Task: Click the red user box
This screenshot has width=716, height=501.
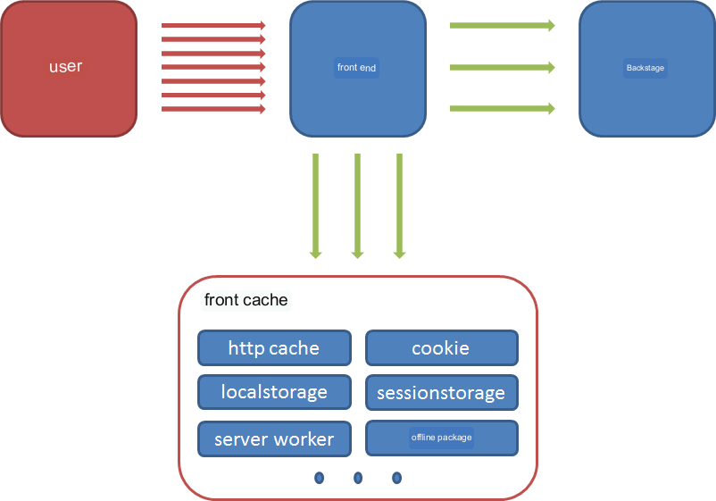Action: pyautogui.click(x=69, y=69)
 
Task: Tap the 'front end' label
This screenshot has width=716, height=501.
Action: pyautogui.click(x=356, y=68)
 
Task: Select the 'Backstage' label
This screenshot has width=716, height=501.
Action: pyautogui.click(x=645, y=68)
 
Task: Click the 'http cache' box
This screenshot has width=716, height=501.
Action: pyautogui.click(x=274, y=348)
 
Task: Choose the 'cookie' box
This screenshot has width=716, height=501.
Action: pyautogui.click(x=442, y=348)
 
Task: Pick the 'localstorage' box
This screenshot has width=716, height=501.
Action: pyautogui.click(x=274, y=392)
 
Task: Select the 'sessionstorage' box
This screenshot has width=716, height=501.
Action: pyautogui.click(x=442, y=392)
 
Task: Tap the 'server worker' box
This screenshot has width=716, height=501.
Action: pyautogui.click(x=274, y=438)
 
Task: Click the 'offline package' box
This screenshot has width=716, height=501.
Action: pyautogui.click(x=442, y=438)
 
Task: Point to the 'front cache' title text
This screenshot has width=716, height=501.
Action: pyautogui.click(x=246, y=300)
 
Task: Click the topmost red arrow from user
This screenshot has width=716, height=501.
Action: pyautogui.click(x=213, y=25)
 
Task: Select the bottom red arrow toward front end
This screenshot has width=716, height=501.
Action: pyautogui.click(x=213, y=109)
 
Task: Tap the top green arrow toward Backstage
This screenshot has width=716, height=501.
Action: pyautogui.click(x=503, y=25)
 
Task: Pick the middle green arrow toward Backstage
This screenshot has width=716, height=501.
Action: pyautogui.click(x=503, y=68)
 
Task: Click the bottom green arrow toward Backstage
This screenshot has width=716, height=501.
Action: pyautogui.click(x=503, y=108)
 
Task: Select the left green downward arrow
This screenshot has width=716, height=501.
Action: pyautogui.click(x=315, y=206)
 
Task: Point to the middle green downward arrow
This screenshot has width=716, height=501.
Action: pyautogui.click(x=357, y=206)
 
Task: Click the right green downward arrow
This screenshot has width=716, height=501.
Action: pyautogui.click(x=400, y=206)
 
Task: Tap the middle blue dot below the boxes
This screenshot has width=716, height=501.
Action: pyautogui.click(x=358, y=478)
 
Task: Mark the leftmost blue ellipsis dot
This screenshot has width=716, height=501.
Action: pyautogui.click(x=320, y=478)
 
